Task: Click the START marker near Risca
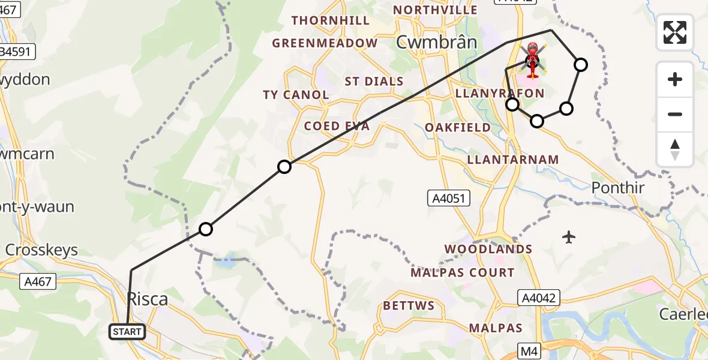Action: [x=127, y=331]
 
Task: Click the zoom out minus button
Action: [x=675, y=114]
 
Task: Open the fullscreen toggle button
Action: [x=675, y=32]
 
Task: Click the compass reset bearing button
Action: [x=675, y=149]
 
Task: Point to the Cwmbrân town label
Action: [x=436, y=42]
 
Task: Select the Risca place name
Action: [x=148, y=299]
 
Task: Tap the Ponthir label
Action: [x=618, y=188]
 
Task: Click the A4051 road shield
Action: [x=449, y=199]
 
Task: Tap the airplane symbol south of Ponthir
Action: [x=569, y=238]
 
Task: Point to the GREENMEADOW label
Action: [x=325, y=43]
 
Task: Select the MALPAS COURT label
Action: [x=462, y=272]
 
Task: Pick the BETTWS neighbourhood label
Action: [x=409, y=305]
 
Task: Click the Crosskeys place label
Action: [x=41, y=250]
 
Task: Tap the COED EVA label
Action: [x=337, y=126]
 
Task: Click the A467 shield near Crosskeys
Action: [x=37, y=281]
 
